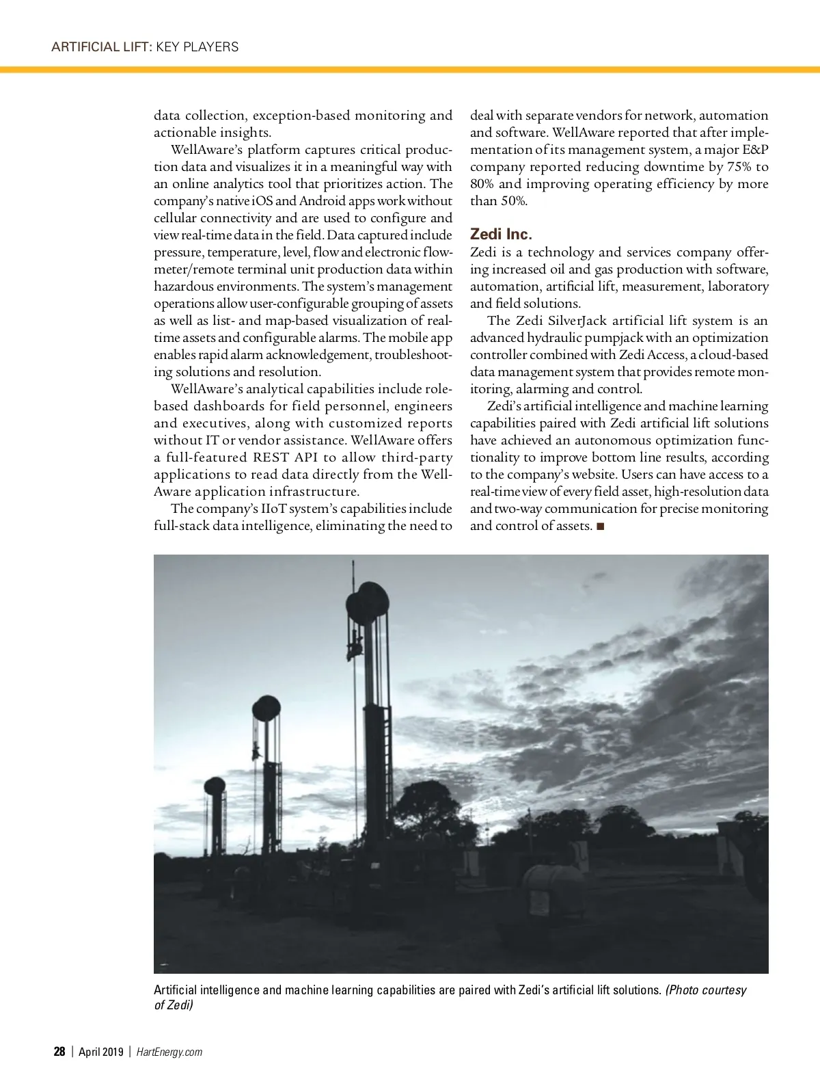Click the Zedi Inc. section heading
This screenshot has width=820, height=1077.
coord(501,235)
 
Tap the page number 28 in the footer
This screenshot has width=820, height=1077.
coord(59,1052)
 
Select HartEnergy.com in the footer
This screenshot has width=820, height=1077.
coord(169,1052)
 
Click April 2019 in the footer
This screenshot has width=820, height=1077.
coord(100,1052)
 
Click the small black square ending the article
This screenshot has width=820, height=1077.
coord(600,526)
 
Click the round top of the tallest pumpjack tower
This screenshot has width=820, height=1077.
coord(368,602)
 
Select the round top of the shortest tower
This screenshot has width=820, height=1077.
coord(215,786)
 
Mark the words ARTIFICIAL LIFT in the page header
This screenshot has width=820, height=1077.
coord(100,46)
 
